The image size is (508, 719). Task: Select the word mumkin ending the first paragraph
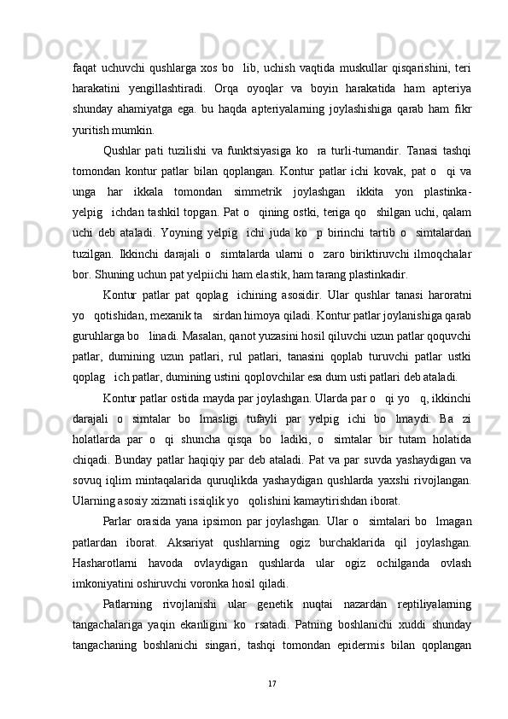tap(133, 132)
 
